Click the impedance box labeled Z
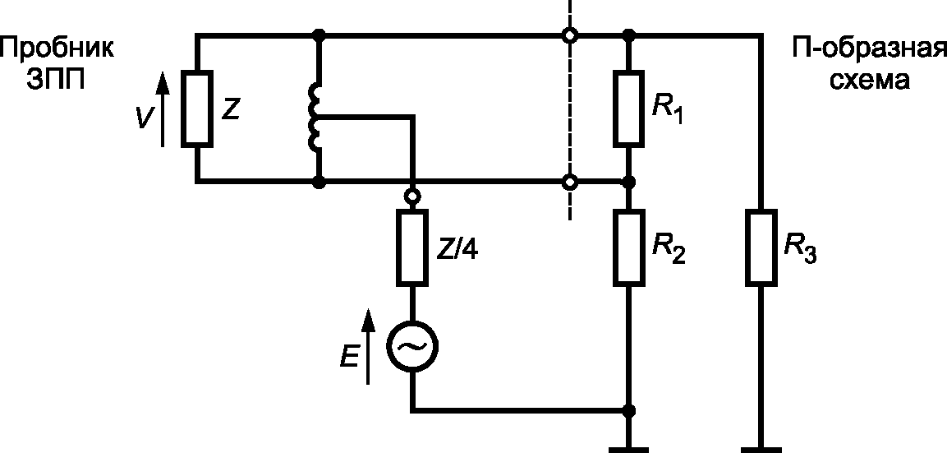tap(197, 109)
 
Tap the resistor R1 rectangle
tap(630, 109)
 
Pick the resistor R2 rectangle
tap(630, 247)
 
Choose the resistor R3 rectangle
tap(761, 247)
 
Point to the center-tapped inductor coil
tap(315, 117)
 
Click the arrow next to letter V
tap(162, 109)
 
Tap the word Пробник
tap(57, 49)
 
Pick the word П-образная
tap(868, 49)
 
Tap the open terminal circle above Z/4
tap(411, 196)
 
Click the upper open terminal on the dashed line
tap(568, 36)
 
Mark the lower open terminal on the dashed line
tap(568, 182)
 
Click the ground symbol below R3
tap(761, 450)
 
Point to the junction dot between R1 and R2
tap(630, 182)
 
